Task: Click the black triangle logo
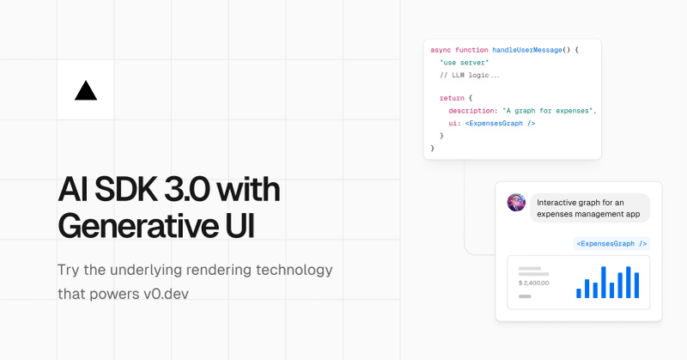[86, 91]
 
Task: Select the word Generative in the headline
[138, 226]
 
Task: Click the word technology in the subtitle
[295, 270]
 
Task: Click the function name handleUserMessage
[527, 50]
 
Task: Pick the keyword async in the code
[441, 50]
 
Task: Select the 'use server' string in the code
[464, 63]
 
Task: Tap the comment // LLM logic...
[470, 75]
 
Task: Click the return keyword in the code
[452, 98]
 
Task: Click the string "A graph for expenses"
[548, 111]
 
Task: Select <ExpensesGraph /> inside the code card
[500, 123]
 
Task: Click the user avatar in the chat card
[516, 203]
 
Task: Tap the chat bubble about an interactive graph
[590, 208]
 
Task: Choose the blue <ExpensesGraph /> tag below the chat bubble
[611, 243]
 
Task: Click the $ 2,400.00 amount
[533, 283]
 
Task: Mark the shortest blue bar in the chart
[578, 293]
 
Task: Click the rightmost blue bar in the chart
[636, 285]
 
